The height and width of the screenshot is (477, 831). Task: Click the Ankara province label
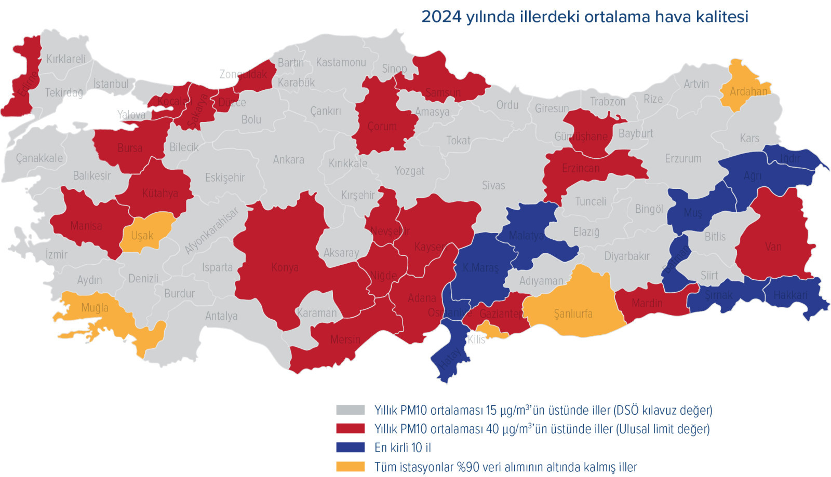coord(288,160)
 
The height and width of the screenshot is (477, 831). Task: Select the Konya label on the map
coord(285,268)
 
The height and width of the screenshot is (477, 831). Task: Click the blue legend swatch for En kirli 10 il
coord(350,447)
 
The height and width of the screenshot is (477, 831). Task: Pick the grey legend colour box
coord(350,410)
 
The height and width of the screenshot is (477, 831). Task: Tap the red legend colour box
coord(350,429)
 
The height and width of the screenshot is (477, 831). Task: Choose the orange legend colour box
coord(350,467)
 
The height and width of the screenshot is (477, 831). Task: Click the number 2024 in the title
coord(441,17)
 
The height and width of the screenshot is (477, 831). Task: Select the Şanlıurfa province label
coord(573,314)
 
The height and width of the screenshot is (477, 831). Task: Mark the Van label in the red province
coord(773,247)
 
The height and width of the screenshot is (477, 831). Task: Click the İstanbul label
coord(111,84)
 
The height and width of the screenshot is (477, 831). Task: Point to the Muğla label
coord(95,308)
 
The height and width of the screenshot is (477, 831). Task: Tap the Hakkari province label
coord(790,295)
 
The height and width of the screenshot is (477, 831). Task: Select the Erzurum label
coord(683,159)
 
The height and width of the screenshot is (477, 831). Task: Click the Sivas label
coord(493,185)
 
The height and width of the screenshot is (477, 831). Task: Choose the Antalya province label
coord(221,316)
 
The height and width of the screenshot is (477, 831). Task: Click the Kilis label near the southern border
coord(476,339)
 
